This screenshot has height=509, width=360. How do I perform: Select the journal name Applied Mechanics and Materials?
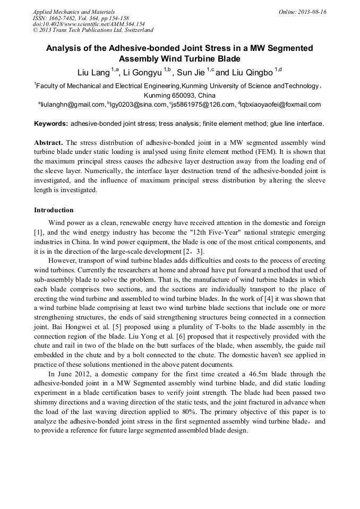click(74, 12)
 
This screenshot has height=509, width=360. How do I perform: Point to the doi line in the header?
click(89, 24)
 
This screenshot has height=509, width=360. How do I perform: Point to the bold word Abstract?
click(48, 143)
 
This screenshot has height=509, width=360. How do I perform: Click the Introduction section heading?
click(54, 210)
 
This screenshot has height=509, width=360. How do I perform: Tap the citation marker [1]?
click(39, 232)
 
